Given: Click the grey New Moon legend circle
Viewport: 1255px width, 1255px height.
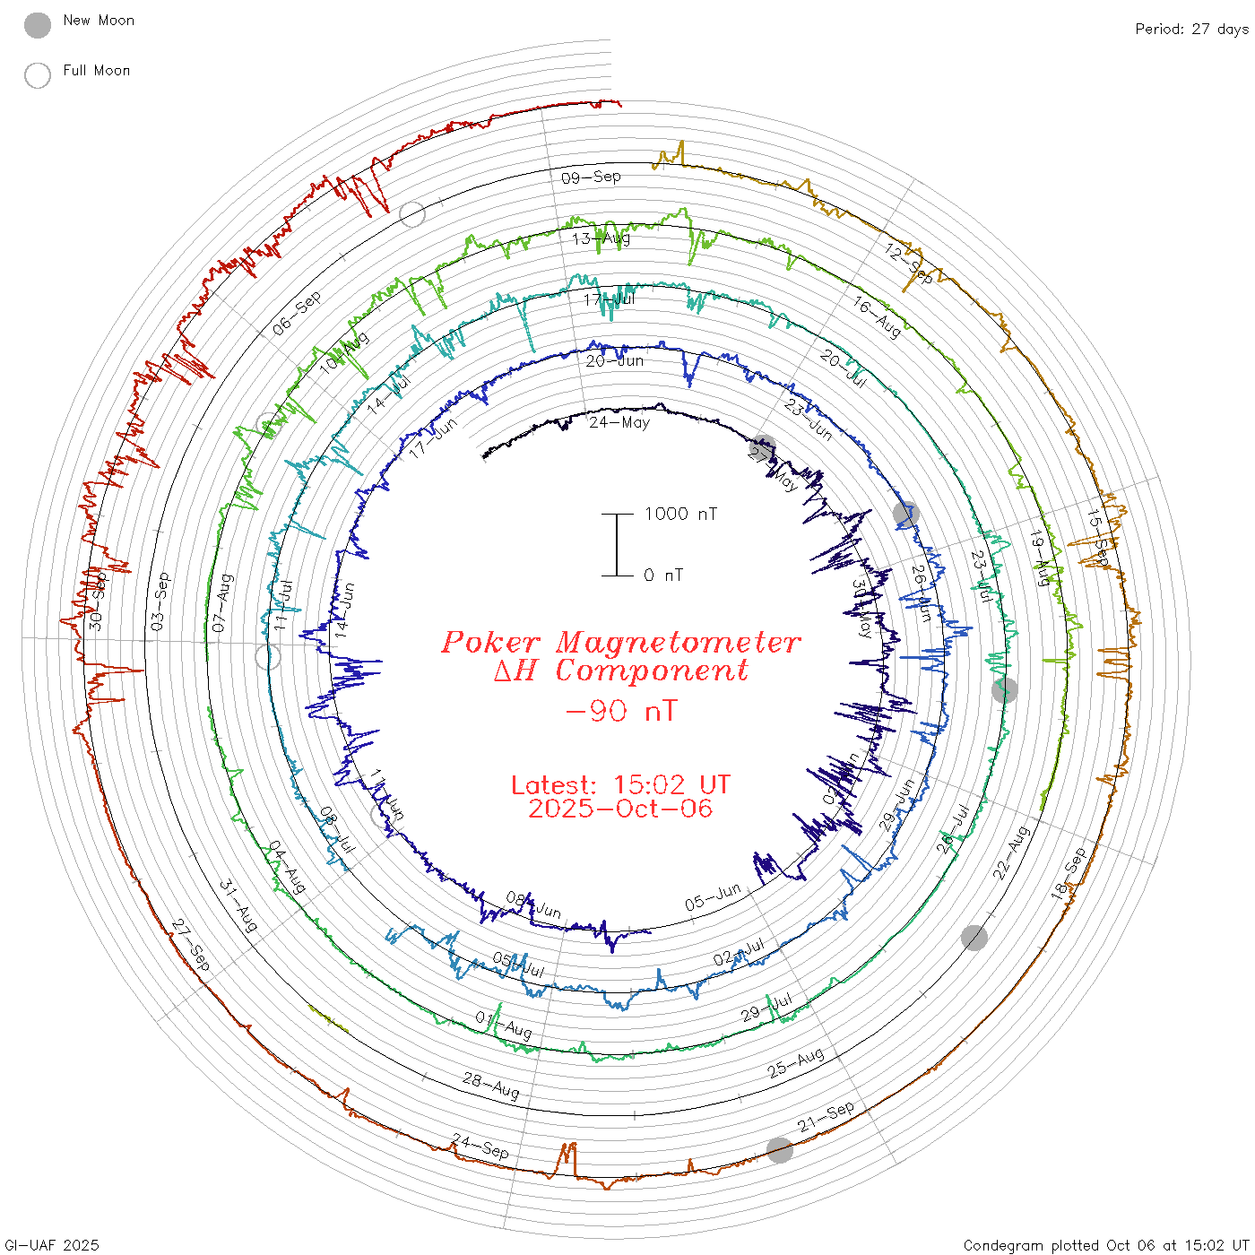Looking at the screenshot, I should (38, 25).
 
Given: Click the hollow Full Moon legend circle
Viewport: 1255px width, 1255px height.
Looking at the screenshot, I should (38, 75).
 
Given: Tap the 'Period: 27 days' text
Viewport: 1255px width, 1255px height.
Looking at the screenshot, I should (1191, 29).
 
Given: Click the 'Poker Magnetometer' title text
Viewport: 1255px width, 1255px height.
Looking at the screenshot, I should (620, 642).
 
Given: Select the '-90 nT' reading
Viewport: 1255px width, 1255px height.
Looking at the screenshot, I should (621, 711).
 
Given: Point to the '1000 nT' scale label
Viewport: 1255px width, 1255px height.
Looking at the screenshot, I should (680, 514).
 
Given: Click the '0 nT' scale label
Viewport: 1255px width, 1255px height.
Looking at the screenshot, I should (662, 575).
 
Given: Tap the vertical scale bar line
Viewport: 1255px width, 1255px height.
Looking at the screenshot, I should (617, 544).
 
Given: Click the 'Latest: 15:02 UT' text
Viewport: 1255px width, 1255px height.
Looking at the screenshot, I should (620, 784).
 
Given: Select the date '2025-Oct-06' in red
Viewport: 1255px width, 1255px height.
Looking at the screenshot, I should (620, 809).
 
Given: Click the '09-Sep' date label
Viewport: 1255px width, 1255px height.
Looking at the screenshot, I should (591, 177).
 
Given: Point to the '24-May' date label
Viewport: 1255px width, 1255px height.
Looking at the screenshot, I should (619, 421).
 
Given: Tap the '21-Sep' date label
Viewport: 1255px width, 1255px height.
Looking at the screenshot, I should (826, 1117).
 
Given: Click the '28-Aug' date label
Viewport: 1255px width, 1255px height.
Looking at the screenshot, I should (491, 1085).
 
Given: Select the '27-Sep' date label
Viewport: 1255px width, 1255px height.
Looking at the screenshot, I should (190, 945).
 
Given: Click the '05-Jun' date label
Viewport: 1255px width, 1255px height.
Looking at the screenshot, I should (713, 896).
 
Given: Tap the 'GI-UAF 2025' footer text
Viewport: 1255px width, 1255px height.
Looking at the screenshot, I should (52, 1245).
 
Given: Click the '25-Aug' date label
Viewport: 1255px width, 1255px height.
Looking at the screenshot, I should (795, 1063).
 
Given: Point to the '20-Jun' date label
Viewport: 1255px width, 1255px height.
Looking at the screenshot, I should (615, 360).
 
